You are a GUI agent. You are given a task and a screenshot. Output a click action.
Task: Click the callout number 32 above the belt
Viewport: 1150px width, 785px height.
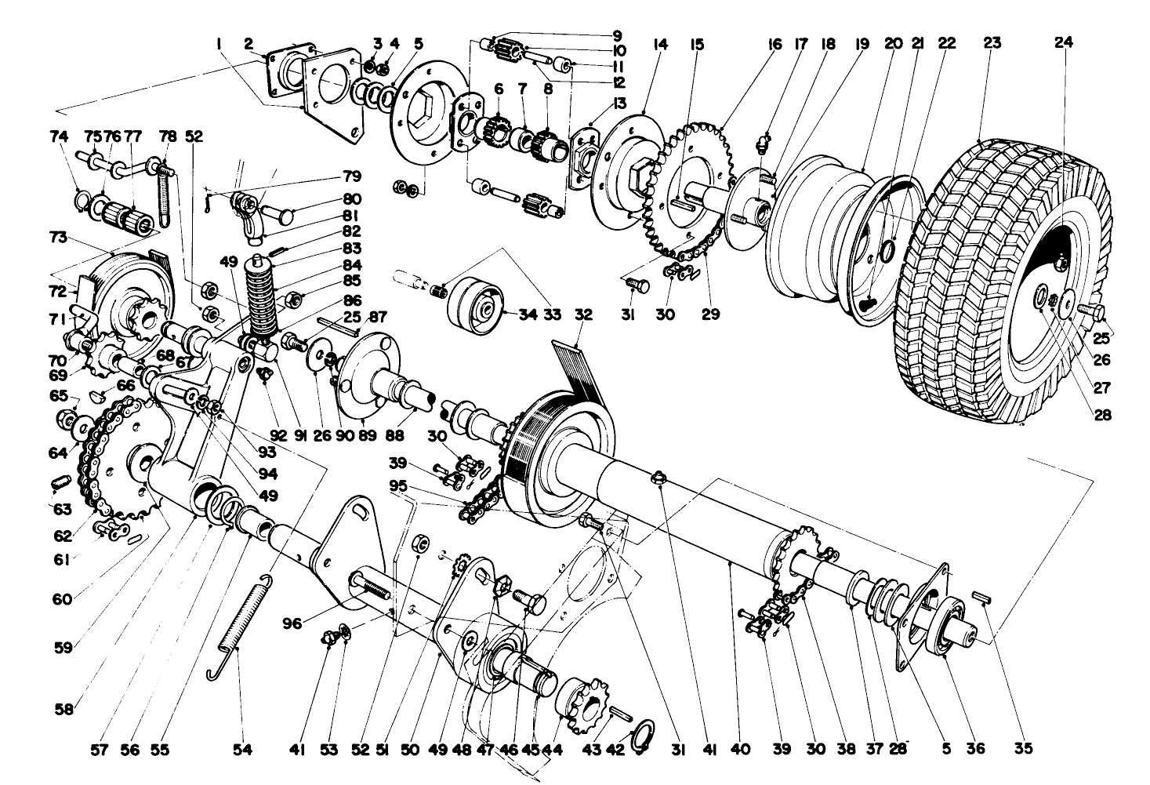coord(582,314)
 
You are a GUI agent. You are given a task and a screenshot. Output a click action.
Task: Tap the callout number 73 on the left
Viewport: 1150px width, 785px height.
coord(60,238)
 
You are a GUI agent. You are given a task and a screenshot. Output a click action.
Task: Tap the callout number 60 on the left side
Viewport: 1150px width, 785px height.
coord(63,599)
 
